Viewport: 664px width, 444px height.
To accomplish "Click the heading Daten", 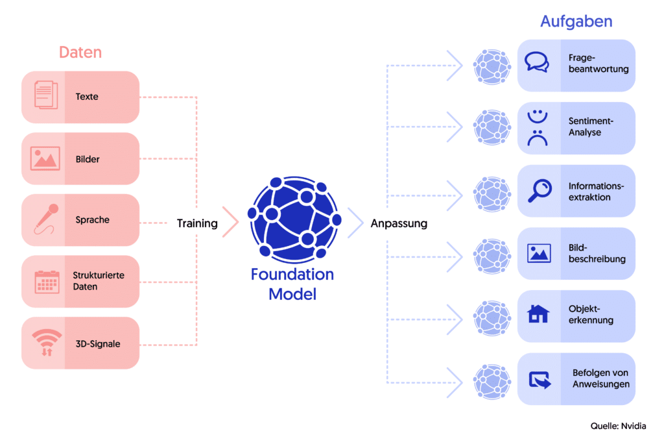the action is point(80,52).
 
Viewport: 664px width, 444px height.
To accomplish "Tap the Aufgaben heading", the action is point(576,21).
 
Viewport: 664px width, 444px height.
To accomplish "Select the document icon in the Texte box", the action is point(46,95).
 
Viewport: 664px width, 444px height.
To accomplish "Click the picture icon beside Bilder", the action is point(45,158).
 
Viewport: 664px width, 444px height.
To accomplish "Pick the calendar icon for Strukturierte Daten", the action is point(47,282).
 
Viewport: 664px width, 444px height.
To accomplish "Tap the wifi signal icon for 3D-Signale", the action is point(47,342).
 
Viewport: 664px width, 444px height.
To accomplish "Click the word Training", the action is point(197,223).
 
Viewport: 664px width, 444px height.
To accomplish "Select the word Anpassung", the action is point(399,223).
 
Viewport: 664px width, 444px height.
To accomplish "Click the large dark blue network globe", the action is point(294,219).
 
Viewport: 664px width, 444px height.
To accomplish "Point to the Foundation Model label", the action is point(292,284).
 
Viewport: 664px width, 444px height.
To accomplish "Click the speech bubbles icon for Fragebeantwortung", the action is point(537,62).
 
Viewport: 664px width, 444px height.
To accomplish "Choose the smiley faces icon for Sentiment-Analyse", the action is point(538,128).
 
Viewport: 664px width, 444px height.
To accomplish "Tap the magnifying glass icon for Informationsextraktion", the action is point(539,190).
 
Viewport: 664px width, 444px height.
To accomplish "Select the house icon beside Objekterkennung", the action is point(538,314).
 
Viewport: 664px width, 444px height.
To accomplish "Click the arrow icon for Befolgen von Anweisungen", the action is point(540,380).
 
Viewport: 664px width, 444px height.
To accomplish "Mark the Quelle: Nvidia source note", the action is point(618,426).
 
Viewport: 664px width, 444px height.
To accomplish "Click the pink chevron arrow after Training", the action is point(230,222).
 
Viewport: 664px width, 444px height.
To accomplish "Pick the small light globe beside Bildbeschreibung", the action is point(492,256).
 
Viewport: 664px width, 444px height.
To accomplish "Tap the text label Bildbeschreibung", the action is point(597,253).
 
